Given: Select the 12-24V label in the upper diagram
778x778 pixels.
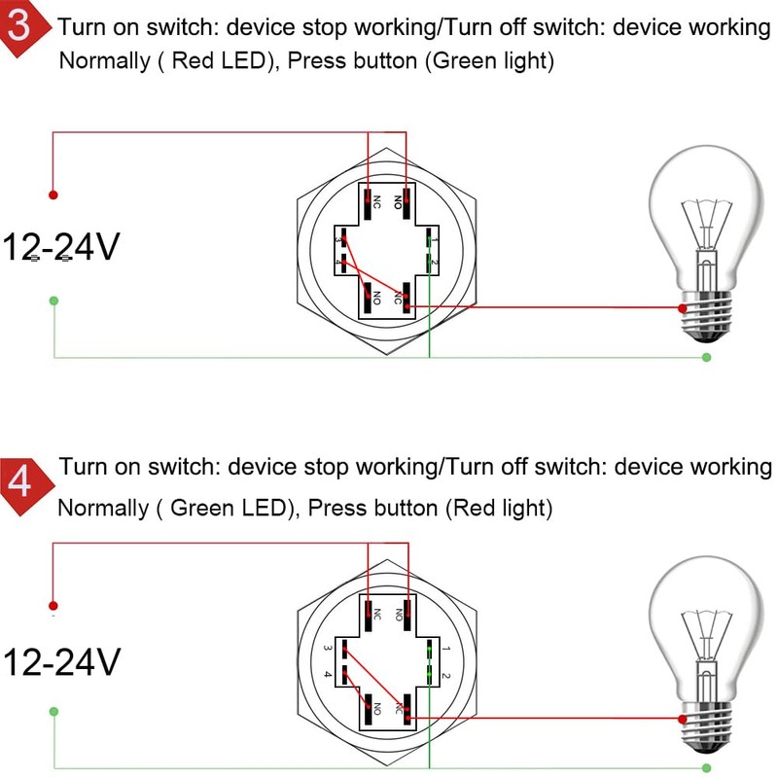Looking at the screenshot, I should coord(60,248).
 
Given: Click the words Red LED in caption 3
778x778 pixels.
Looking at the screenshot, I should coord(217,61).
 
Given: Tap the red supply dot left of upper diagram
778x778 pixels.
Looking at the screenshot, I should coord(53,194).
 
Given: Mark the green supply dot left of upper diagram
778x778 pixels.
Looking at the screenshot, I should coord(53,301).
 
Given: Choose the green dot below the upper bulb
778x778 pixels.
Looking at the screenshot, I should coord(707,358).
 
